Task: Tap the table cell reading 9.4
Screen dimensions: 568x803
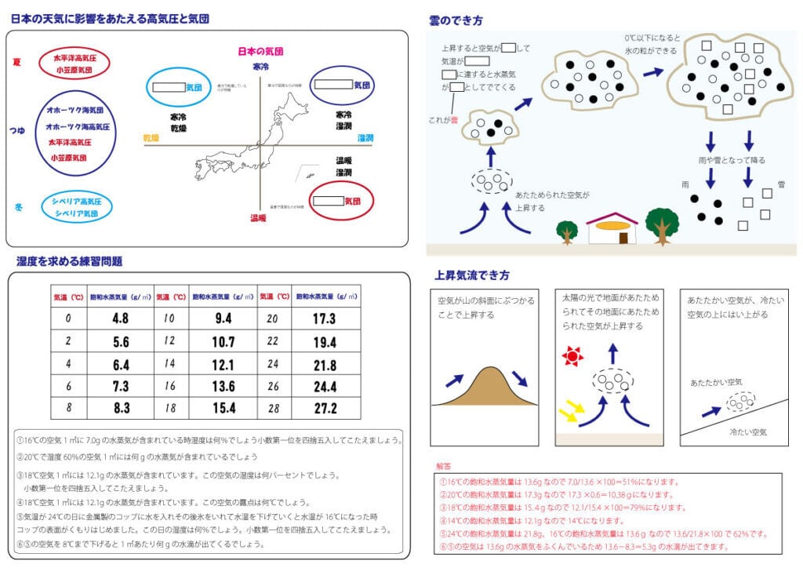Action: (x=223, y=319)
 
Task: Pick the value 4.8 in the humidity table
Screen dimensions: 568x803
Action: (x=120, y=319)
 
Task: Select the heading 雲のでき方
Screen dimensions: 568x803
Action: (x=456, y=20)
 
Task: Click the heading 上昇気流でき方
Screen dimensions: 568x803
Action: (x=472, y=275)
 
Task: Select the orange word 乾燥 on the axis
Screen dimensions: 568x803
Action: (x=151, y=137)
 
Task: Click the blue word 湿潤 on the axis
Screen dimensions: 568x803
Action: (x=365, y=138)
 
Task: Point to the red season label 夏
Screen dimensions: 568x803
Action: (x=16, y=61)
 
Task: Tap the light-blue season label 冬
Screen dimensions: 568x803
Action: (x=16, y=207)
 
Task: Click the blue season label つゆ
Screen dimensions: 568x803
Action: (x=16, y=132)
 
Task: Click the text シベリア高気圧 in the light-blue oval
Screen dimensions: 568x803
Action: (x=77, y=202)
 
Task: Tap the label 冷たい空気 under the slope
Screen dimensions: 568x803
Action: (x=748, y=432)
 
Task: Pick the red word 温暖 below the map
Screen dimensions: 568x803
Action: (x=258, y=218)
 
